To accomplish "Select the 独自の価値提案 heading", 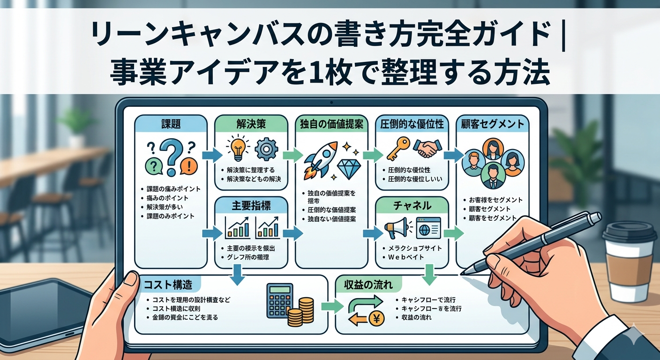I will (x=332, y=124).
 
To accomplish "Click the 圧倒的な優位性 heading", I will (x=412, y=124).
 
